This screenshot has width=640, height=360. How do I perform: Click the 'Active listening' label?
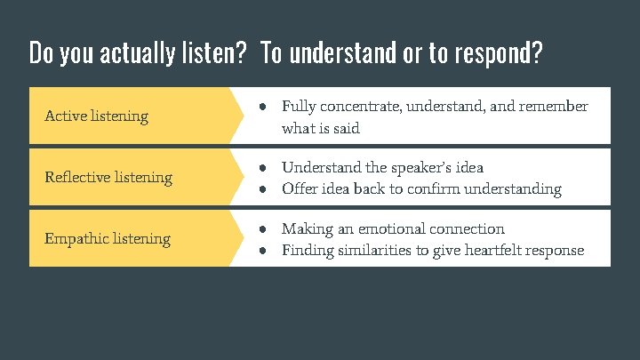(96, 116)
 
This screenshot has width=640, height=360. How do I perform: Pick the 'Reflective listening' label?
(108, 177)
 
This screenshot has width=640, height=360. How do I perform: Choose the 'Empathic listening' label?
(108, 238)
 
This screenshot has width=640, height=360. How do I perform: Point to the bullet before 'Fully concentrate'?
(264, 107)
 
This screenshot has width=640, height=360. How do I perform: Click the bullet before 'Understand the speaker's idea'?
(264, 167)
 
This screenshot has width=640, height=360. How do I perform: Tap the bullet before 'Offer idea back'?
(264, 188)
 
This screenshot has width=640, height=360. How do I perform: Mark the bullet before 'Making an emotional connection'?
(264, 228)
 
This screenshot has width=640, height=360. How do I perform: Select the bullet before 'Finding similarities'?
(264, 250)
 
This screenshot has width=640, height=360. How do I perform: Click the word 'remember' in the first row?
(554, 107)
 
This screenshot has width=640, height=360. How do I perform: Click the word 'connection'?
(468, 228)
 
